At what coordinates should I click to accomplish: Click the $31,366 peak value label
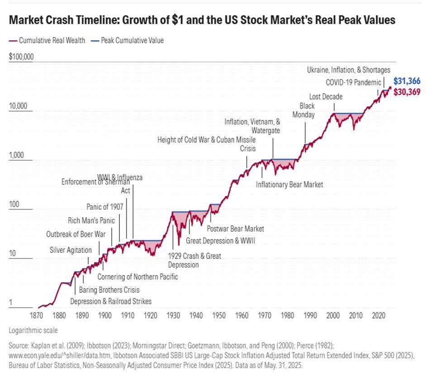pyautogui.click(x=407, y=81)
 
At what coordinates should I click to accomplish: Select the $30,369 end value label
pyautogui.click(x=407, y=92)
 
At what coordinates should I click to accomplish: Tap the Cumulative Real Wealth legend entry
pyautogui.click(x=47, y=40)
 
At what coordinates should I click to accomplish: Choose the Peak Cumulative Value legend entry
pyautogui.click(x=128, y=40)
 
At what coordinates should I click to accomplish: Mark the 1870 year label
pyautogui.click(x=37, y=315)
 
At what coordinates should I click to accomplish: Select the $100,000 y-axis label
pyautogui.click(x=21, y=57)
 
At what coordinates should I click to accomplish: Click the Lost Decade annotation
pyautogui.click(x=326, y=96)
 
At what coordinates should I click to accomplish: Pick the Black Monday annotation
pyautogui.click(x=307, y=110)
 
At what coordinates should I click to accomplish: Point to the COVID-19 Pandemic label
pyautogui.click(x=353, y=82)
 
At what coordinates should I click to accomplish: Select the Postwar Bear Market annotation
pyautogui.click(x=235, y=229)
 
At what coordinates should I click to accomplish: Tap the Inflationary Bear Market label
pyautogui.click(x=289, y=184)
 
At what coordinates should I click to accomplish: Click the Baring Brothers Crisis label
pyautogui.click(x=109, y=290)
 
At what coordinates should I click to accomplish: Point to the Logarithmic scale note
pyautogui.click(x=33, y=330)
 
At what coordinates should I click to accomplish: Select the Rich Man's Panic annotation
pyautogui.click(x=91, y=220)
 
